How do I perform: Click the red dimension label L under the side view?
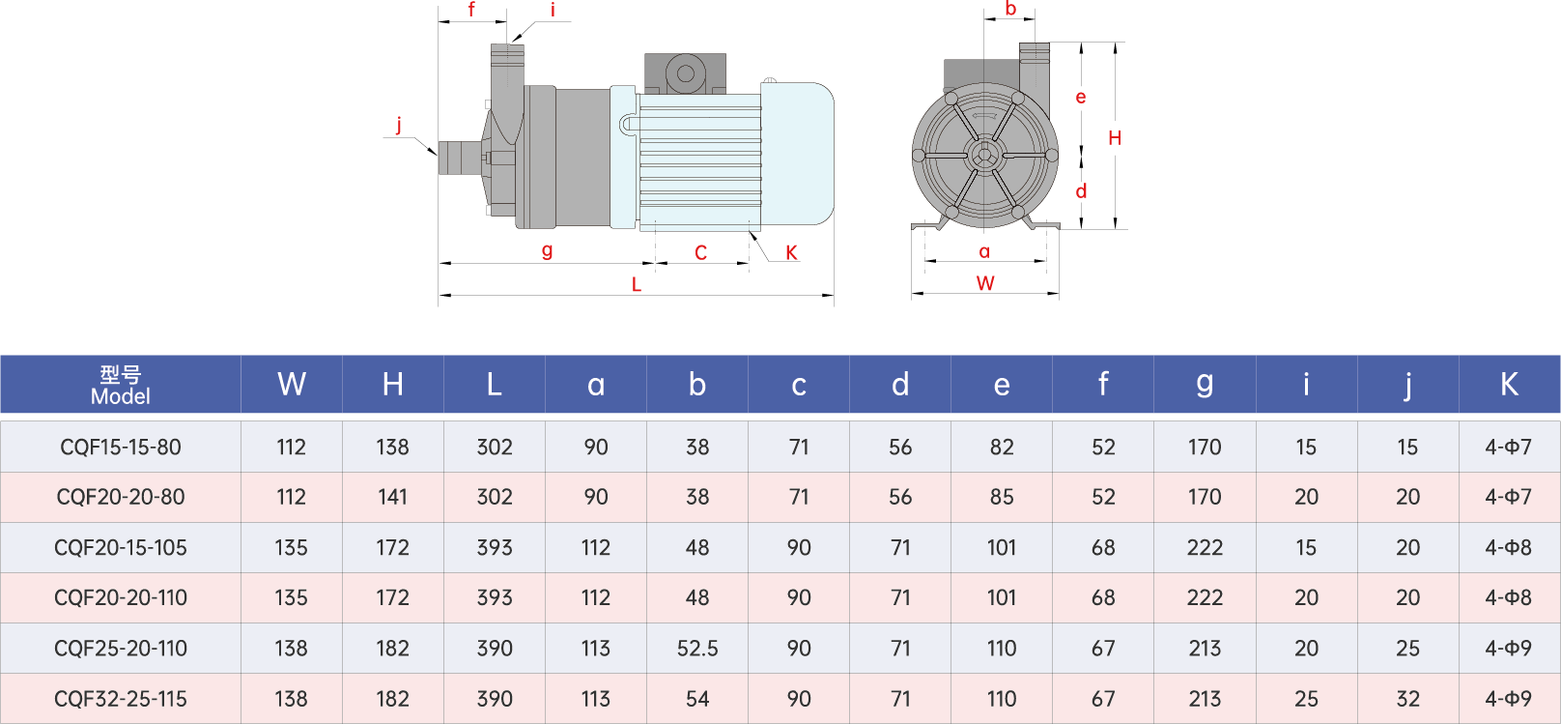click(x=636, y=284)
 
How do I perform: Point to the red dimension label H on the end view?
click(x=1115, y=138)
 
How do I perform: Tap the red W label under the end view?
click(x=985, y=283)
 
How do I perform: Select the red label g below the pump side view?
click(x=548, y=250)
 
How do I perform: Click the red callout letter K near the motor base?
click(x=791, y=253)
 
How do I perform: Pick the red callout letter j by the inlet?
click(x=399, y=124)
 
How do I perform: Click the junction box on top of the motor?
click(x=685, y=73)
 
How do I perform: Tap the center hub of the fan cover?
click(x=984, y=155)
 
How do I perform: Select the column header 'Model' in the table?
click(x=121, y=385)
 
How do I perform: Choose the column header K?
click(x=1509, y=385)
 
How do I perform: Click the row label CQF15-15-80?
click(x=121, y=447)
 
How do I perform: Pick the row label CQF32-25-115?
click(x=121, y=699)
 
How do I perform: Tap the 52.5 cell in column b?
click(x=697, y=649)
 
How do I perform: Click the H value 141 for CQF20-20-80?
click(x=392, y=497)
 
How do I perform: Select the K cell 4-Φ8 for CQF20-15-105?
click(x=1508, y=548)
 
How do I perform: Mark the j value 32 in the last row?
click(x=1407, y=699)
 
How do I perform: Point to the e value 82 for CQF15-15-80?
click(x=1002, y=447)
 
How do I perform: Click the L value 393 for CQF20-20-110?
click(x=495, y=598)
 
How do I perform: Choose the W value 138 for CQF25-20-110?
click(x=291, y=649)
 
